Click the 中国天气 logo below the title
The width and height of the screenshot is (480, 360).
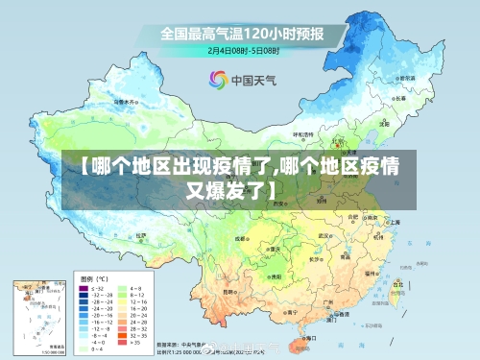click(x=240, y=79)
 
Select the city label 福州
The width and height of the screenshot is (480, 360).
click(x=371, y=274)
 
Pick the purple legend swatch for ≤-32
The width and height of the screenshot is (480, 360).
click(x=84, y=288)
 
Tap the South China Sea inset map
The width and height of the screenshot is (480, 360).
click(x=39, y=313)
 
